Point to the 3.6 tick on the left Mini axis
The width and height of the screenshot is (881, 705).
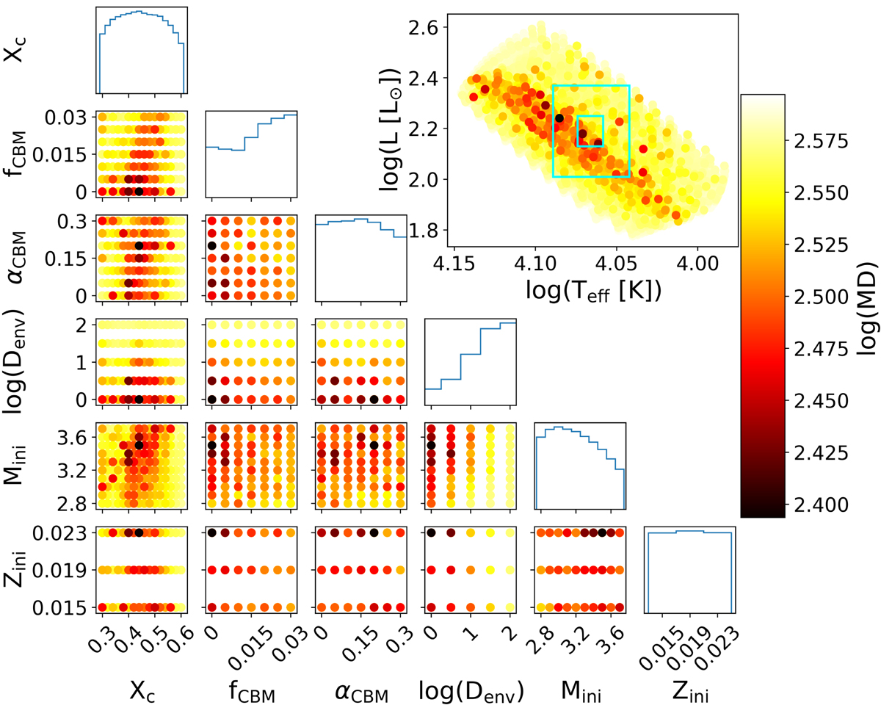click(73, 437)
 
